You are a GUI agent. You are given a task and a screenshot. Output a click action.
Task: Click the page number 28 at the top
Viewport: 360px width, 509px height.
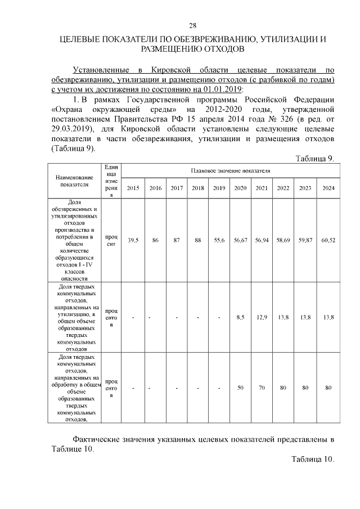[x=192, y=25]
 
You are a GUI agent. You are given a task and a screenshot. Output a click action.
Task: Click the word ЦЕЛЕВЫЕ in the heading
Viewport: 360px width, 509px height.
[x=86, y=39]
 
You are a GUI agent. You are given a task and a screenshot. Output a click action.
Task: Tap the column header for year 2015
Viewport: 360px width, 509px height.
[x=133, y=187]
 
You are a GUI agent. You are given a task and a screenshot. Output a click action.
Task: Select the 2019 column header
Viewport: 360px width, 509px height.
[x=219, y=187]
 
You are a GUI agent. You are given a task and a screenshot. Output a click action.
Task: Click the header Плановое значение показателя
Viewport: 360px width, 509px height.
[x=230, y=170]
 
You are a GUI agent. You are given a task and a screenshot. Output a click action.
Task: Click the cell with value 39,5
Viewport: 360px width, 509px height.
[x=133, y=240]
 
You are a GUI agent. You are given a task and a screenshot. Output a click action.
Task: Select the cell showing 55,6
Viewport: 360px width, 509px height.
[x=219, y=240]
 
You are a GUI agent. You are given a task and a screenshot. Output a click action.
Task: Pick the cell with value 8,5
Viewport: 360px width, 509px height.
[x=240, y=318]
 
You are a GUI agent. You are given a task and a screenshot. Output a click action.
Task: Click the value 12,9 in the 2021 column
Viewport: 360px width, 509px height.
[x=262, y=318]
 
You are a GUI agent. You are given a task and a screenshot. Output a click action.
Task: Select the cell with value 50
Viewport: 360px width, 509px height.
[x=240, y=388]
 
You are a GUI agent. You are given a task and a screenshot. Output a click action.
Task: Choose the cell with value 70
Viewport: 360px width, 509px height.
[x=262, y=388]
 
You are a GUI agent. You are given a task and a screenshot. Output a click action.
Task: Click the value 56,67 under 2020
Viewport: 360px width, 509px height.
[x=240, y=240]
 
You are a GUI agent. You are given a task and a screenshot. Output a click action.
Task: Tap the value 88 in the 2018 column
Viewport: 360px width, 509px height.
[x=198, y=240]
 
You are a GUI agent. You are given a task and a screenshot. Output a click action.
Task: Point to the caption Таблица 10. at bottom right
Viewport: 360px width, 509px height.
[x=313, y=459]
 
